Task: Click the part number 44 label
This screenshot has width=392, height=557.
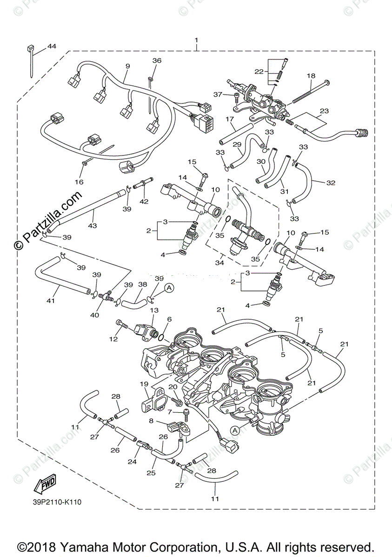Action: (52, 46)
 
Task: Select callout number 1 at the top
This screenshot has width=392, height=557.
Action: (196, 40)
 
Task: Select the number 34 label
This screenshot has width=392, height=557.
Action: (220, 263)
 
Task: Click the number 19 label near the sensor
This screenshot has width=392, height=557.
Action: (144, 384)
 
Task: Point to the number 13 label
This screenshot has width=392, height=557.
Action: (154, 311)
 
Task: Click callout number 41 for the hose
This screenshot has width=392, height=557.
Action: (51, 301)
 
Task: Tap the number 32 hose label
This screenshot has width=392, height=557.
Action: (331, 183)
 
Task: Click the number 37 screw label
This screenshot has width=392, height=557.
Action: (218, 95)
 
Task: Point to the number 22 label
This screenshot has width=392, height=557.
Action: (259, 71)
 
